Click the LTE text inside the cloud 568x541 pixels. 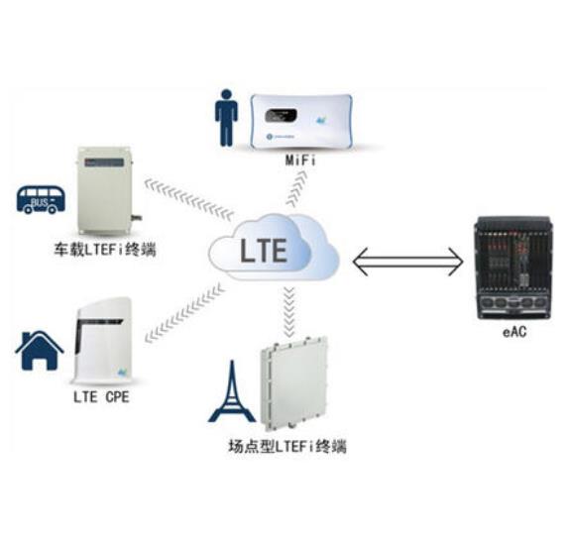264,250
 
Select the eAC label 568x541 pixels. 514,332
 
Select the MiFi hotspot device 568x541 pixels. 301,121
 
